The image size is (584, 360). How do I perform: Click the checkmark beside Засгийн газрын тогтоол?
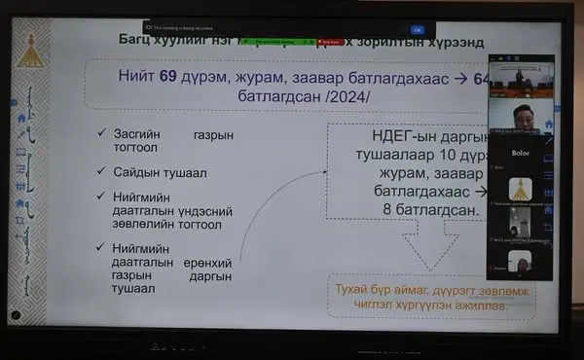[116, 133]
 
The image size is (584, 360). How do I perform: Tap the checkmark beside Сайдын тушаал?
[116, 172]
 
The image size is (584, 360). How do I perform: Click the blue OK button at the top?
[417, 30]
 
